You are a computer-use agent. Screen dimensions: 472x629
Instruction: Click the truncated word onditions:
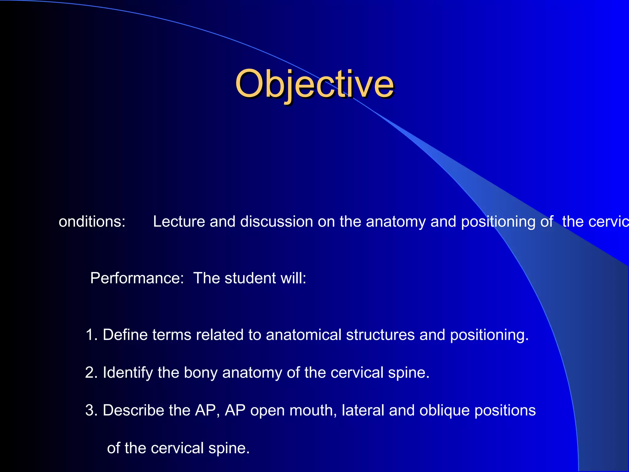coord(92,222)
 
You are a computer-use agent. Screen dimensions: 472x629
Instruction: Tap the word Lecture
coord(179,222)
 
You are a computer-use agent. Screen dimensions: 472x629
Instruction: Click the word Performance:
coord(137,278)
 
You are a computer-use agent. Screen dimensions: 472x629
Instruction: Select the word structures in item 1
coord(380,335)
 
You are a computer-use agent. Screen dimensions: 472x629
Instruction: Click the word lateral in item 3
coord(363,410)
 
